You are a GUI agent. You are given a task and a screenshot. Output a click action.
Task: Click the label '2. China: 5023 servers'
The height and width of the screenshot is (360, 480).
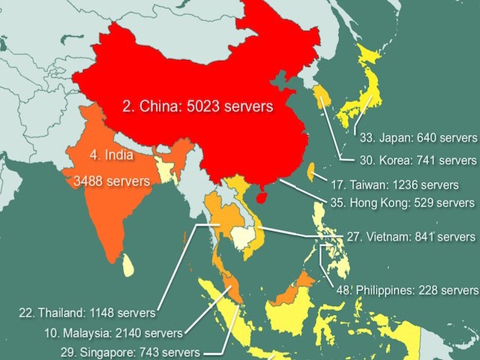coord(197,106)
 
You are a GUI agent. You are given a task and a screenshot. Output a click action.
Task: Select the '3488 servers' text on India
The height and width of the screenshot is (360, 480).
coord(112,181)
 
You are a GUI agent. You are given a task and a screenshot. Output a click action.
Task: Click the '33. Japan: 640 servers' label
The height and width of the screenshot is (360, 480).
coord(418,138)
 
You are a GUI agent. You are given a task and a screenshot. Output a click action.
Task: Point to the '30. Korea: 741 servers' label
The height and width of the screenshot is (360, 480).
coord(418,160)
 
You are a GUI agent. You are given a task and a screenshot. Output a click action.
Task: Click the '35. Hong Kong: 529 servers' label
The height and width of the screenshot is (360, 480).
coord(402,202)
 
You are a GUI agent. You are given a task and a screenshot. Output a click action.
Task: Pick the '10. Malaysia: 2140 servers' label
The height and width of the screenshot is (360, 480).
coord(111,331)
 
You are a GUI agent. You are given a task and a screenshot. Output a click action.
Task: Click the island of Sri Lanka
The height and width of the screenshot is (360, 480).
coord(128,263)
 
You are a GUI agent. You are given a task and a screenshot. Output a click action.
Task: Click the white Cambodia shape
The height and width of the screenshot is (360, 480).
coord(242,238)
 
